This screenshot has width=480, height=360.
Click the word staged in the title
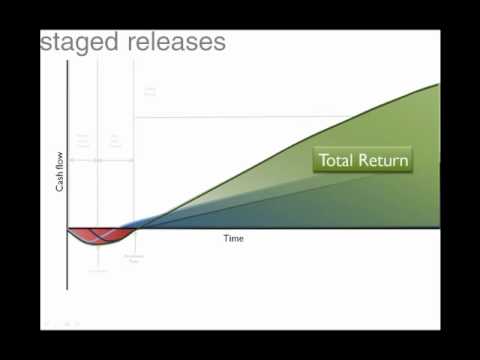pos(79,43)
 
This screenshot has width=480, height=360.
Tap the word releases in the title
pos(172,43)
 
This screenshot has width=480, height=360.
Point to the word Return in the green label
pos(384,160)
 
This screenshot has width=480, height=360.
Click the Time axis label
pos(233,239)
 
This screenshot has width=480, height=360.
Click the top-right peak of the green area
pos(437,86)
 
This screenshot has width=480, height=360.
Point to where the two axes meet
pos(67,229)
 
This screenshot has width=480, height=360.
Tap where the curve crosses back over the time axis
pos(133,229)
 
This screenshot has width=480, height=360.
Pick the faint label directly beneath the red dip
pos(98,270)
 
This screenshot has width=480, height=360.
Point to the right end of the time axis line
pos(439,229)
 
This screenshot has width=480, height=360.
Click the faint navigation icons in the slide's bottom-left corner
pos(62,323)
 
